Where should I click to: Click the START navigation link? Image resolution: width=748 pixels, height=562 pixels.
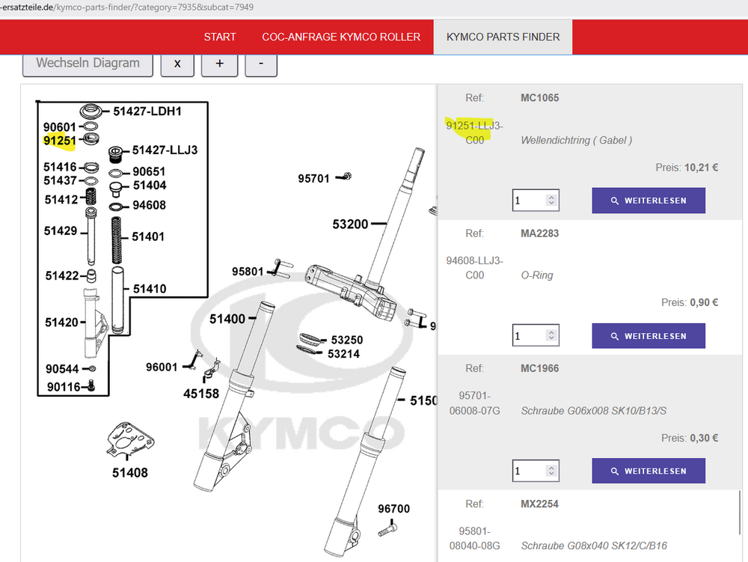pyautogui.click(x=219, y=37)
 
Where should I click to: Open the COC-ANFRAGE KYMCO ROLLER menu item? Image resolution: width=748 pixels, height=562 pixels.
pyautogui.click(x=341, y=37)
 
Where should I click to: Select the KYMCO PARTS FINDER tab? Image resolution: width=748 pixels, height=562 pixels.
pyautogui.click(x=503, y=37)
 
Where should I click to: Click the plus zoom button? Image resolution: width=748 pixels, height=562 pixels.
pyautogui.click(x=219, y=64)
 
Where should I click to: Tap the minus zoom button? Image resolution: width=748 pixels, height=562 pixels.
pyautogui.click(x=261, y=64)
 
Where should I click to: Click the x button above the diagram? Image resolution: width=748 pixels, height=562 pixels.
pyautogui.click(x=177, y=64)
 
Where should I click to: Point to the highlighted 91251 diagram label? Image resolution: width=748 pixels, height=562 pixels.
pyautogui.click(x=59, y=141)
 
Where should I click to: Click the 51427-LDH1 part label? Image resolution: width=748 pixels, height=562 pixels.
pyautogui.click(x=147, y=112)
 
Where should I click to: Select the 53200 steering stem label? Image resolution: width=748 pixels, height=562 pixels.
pyautogui.click(x=350, y=225)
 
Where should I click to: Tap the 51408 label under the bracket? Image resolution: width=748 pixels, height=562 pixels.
pyautogui.click(x=129, y=473)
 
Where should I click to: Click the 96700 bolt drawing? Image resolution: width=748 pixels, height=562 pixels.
pyautogui.click(x=387, y=528)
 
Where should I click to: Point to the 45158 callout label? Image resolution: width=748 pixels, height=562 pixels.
pyautogui.click(x=201, y=394)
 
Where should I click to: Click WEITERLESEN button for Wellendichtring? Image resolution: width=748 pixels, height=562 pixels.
pyautogui.click(x=649, y=201)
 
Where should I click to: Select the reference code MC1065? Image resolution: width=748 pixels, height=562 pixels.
pyautogui.click(x=539, y=98)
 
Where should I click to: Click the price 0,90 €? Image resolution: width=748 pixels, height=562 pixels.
pyautogui.click(x=704, y=302)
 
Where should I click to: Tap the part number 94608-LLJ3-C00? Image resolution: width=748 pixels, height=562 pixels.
pyautogui.click(x=475, y=268)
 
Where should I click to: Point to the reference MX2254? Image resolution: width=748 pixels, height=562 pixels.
pyautogui.click(x=539, y=504)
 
